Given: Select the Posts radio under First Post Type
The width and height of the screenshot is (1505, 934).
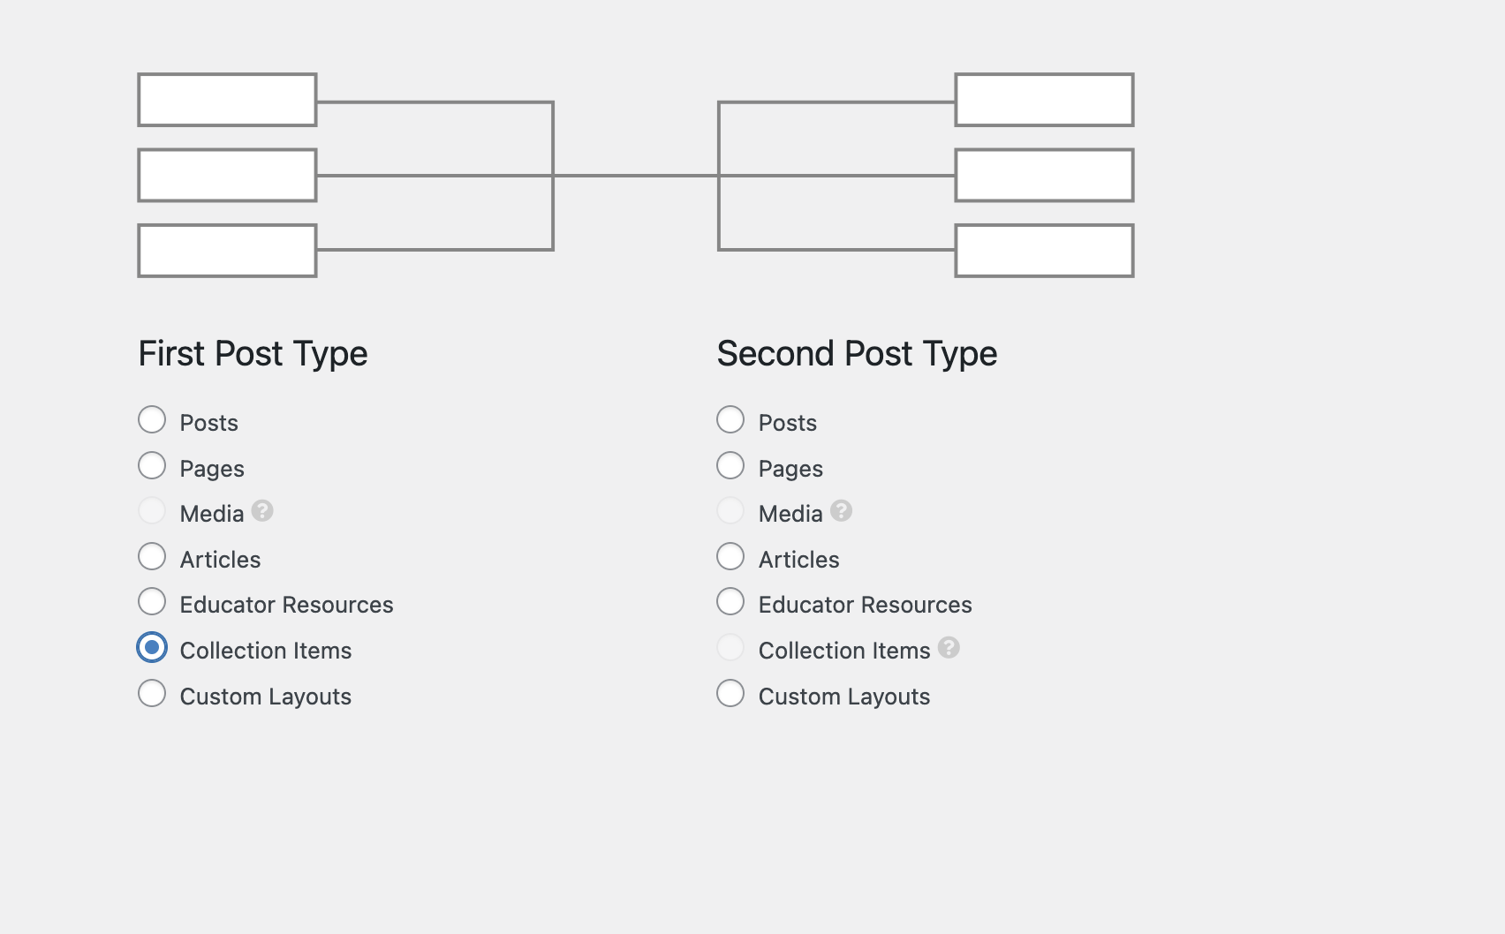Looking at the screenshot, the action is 152,419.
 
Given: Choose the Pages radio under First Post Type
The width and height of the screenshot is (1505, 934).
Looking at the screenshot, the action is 152,465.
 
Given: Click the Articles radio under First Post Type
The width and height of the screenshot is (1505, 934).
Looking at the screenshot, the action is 152,557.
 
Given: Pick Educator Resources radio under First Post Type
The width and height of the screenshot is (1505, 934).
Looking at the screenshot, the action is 152,602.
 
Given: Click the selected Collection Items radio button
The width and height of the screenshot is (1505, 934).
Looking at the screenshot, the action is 152,647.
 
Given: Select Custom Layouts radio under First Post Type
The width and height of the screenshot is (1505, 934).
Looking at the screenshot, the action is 152,693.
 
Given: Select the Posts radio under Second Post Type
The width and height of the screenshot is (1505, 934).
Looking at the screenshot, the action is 730,419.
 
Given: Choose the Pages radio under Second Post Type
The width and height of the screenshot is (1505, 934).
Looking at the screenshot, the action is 730,465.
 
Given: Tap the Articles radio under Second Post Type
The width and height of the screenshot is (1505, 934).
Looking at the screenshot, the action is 730,557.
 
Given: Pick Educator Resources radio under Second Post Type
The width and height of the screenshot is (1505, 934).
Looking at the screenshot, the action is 730,602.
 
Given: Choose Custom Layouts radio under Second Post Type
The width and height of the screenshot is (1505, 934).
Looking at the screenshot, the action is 730,693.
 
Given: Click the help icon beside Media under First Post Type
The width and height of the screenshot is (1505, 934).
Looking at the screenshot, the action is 262,511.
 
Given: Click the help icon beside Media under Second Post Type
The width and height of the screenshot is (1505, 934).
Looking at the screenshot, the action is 841,511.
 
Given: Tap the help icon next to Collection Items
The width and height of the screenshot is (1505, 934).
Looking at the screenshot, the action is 949,647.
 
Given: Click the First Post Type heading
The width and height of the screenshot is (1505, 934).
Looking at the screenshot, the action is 253,354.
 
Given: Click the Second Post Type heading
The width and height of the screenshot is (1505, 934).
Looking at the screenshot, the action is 857,354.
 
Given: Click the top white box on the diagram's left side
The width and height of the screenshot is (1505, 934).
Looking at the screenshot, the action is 227,100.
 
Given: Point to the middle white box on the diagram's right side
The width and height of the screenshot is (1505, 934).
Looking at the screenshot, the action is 1044,176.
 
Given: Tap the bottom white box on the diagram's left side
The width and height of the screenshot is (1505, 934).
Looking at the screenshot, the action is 227,251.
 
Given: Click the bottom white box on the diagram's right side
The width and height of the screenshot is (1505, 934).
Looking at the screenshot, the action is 1044,251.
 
